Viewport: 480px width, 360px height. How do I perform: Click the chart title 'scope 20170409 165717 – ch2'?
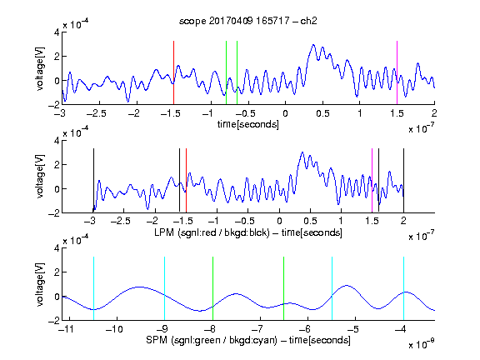coord(248,21)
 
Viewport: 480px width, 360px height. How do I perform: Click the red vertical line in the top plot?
coord(173,72)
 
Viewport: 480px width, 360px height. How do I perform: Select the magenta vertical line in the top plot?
coord(397,72)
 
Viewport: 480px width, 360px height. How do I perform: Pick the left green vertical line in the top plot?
coord(226,72)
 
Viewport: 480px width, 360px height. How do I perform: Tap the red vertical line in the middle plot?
coord(186,180)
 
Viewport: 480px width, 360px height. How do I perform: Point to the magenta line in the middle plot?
coord(372,180)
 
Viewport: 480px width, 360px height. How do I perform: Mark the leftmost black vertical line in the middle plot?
coord(93,180)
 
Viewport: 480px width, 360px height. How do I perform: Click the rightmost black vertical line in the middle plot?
coord(404,180)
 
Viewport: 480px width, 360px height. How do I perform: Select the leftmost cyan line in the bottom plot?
coord(93,288)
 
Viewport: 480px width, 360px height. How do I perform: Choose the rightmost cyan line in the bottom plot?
coord(404,288)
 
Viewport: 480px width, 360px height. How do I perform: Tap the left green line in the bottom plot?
coord(212,288)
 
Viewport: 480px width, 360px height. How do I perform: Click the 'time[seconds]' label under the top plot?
coord(248,124)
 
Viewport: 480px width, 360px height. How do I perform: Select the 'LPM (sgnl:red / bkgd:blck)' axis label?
coord(212,232)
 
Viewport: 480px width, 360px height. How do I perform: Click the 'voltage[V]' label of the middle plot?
coord(40,177)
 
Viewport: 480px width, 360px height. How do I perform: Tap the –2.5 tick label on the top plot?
coord(97,113)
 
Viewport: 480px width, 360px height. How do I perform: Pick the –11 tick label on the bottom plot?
coord(66,329)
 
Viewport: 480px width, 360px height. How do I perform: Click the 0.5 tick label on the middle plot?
coord(310,221)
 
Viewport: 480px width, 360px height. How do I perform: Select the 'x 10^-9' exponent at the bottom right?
coord(421,345)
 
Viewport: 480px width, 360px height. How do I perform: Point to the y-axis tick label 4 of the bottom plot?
coord(57,248)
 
